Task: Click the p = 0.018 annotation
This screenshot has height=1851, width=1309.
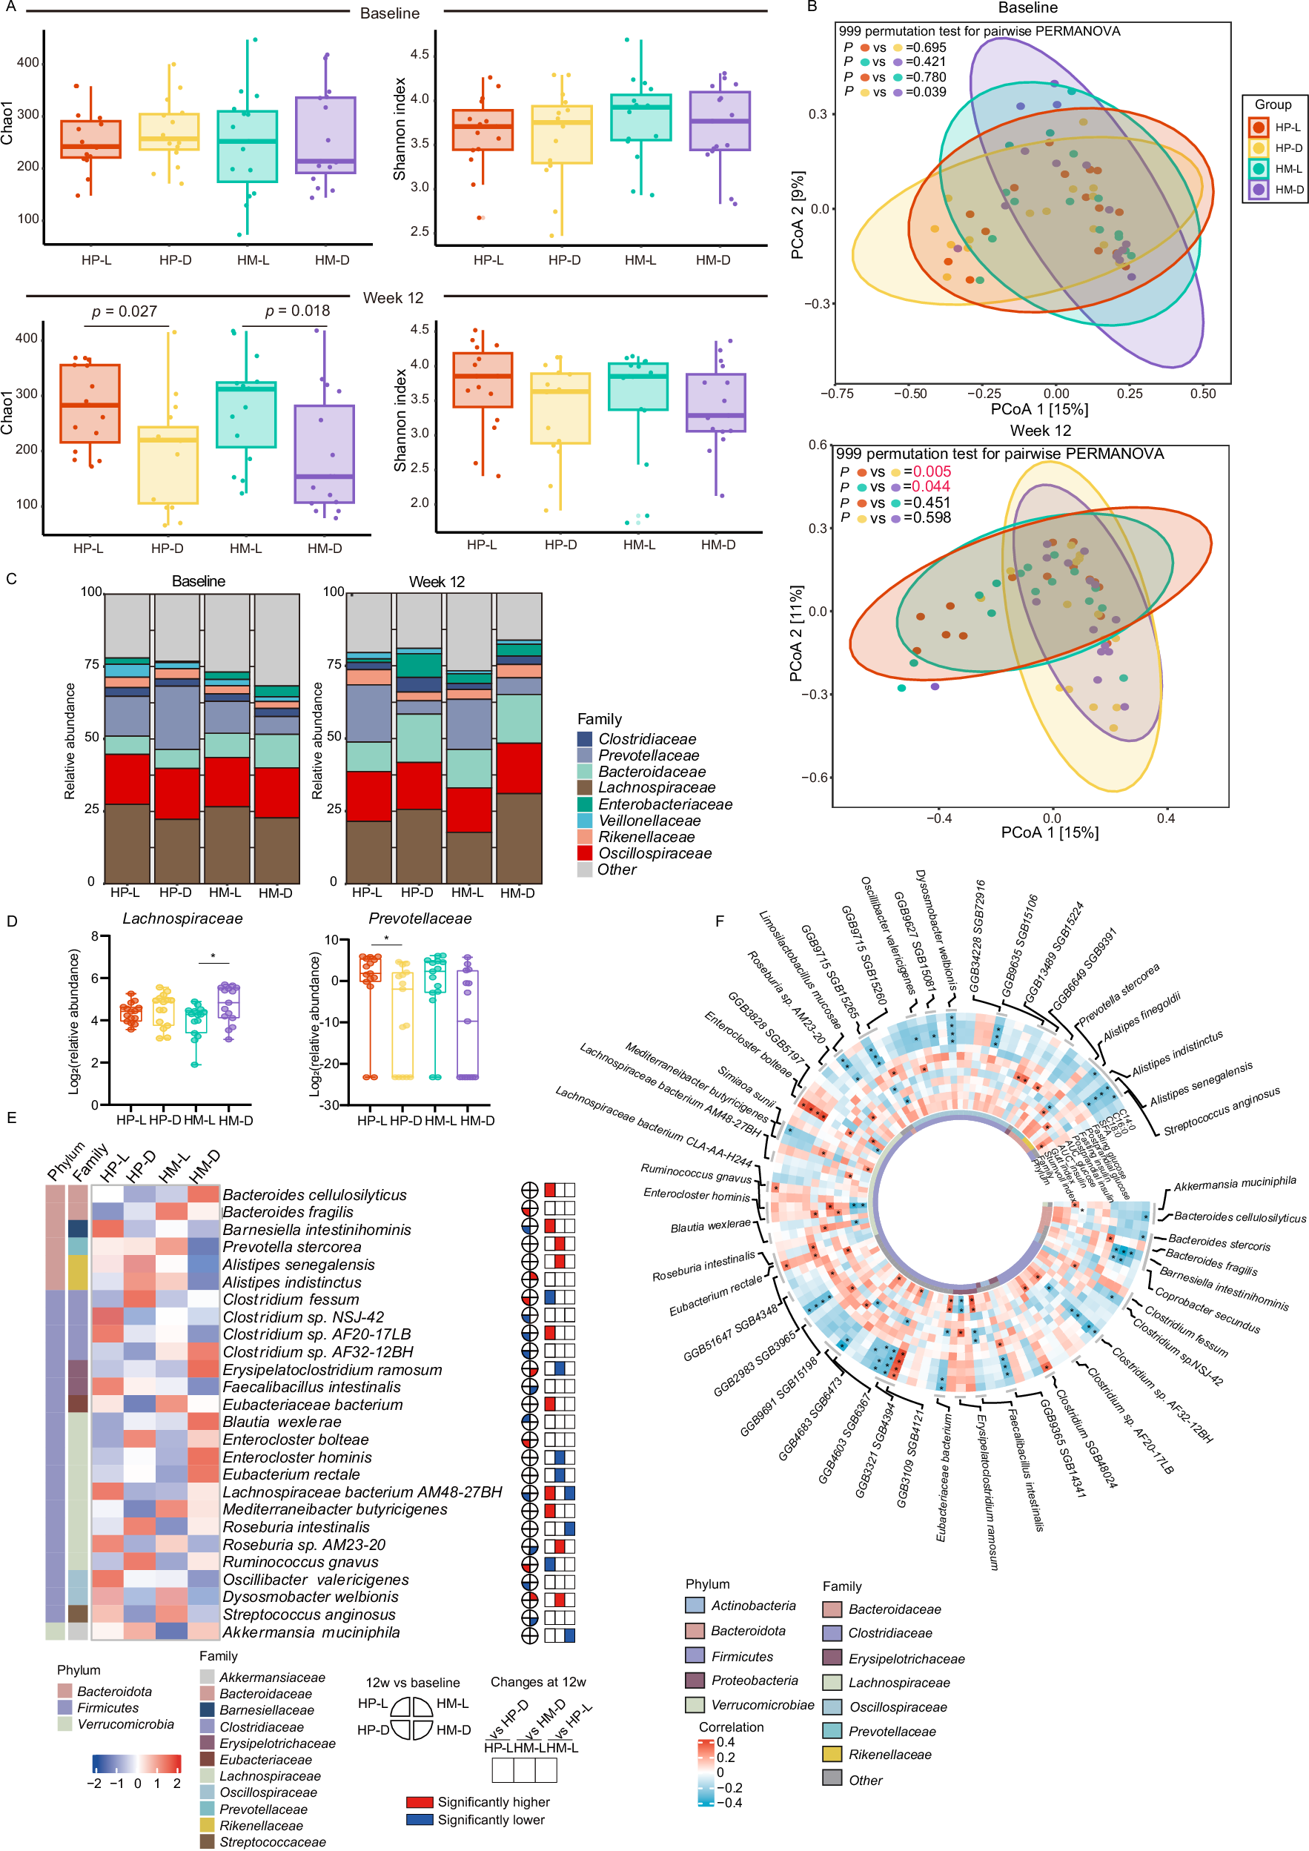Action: tap(297, 311)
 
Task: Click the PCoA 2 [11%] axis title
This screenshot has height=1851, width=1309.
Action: tap(796, 633)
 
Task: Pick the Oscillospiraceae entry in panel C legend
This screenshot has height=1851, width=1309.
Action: tap(654, 853)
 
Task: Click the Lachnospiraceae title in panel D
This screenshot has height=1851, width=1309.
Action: tap(182, 918)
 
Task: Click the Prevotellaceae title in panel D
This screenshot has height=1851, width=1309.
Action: tap(420, 918)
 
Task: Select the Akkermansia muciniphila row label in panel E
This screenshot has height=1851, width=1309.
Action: tap(311, 1632)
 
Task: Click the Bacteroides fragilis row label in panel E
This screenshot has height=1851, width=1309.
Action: tap(288, 1212)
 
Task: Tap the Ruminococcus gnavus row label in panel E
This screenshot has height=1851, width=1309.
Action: tap(300, 1563)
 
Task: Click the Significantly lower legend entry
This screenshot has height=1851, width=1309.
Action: tap(491, 1820)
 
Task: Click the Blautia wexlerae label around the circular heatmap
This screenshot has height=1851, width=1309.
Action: tap(710, 1226)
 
